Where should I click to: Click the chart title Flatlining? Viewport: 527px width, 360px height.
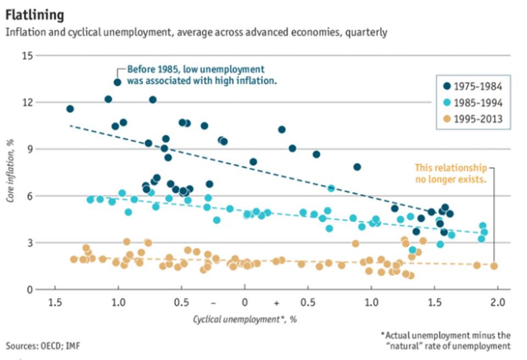(34, 14)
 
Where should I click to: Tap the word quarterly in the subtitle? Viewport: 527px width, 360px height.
(367, 32)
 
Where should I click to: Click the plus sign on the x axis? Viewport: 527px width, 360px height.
(276, 303)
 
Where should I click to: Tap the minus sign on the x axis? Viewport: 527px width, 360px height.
(213, 303)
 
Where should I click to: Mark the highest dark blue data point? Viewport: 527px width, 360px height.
(117, 82)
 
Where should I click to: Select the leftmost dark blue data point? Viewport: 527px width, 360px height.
(70, 109)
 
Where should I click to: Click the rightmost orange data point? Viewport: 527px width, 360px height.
(493, 266)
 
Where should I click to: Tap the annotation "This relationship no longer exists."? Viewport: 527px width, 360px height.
(450, 173)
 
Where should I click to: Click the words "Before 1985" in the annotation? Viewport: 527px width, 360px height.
(152, 70)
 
